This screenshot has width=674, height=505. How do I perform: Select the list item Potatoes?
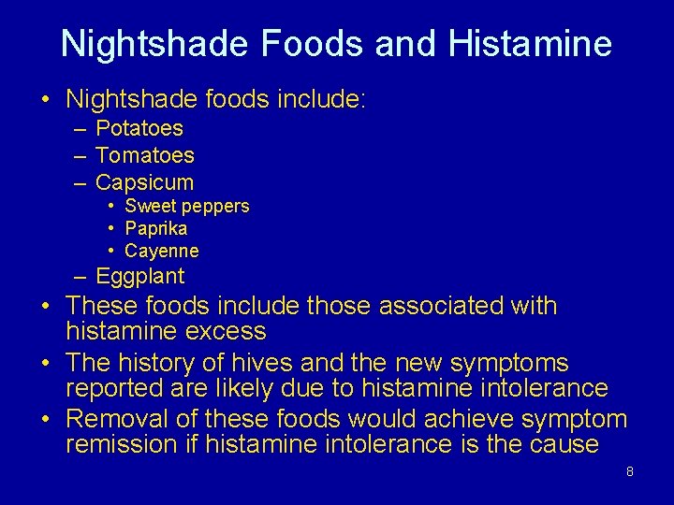coord(139,128)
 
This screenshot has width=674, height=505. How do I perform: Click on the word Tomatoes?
coord(145,154)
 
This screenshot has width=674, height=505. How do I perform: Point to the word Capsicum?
coord(145,181)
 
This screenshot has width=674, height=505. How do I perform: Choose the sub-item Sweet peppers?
coord(187,206)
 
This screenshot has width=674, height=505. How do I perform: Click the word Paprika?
coord(156,228)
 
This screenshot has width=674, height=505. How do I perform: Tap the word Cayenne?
coord(162,251)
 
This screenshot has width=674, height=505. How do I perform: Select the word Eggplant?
coord(140,276)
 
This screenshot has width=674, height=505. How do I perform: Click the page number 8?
coord(630,471)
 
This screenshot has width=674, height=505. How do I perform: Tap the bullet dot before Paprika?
coord(111,229)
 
